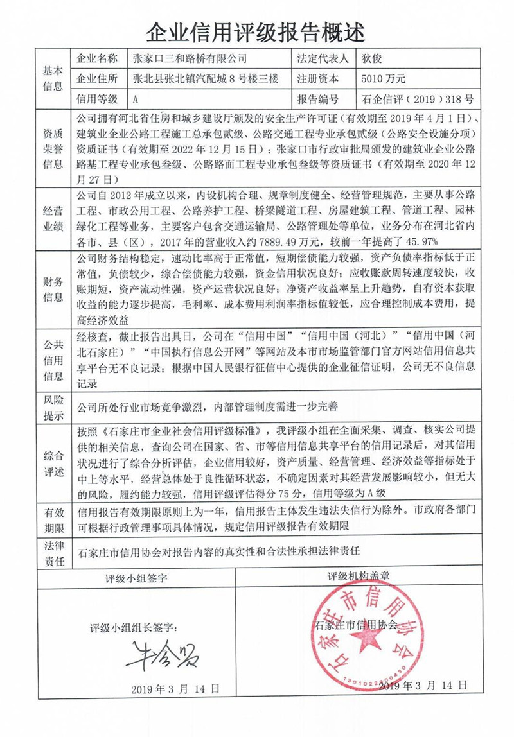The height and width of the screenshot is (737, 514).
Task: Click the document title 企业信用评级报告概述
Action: coord(256,29)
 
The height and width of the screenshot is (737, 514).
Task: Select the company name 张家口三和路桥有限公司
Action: coord(190,58)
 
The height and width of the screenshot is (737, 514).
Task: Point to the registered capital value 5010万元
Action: coord(384,79)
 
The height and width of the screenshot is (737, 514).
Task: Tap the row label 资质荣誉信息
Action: coord(53,149)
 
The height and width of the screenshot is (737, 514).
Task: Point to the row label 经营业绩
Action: coord(53,219)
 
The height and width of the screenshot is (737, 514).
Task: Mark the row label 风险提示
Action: coord(53,407)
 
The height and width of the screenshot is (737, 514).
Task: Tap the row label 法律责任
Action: coord(53,553)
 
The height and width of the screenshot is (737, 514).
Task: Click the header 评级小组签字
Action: coord(136,578)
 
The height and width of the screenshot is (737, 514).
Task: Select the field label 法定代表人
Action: coord(323,58)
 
